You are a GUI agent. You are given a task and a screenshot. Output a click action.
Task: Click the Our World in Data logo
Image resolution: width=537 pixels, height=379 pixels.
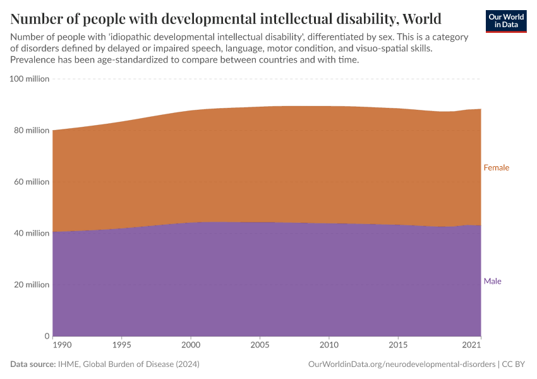[505, 21]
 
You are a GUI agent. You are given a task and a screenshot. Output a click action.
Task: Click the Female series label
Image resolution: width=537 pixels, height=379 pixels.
[496, 168]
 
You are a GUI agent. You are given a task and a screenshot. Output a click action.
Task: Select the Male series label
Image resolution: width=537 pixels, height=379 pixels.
[492, 281]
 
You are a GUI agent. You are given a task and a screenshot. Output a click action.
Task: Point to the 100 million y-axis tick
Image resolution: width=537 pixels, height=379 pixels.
[29, 79]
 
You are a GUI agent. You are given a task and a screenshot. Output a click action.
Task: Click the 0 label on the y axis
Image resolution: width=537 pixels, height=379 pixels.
[46, 336]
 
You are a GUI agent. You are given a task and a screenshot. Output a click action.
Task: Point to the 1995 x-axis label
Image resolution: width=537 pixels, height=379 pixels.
[122, 346]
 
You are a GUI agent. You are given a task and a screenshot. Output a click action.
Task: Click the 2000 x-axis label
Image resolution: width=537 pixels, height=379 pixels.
[191, 346]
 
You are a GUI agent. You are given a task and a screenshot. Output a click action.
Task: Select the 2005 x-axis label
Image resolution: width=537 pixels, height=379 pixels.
[260, 346]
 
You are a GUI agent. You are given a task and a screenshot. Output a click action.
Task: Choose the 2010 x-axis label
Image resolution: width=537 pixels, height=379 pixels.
[329, 346]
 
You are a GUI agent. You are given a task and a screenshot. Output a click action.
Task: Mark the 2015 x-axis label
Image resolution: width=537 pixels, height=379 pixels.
[397, 346]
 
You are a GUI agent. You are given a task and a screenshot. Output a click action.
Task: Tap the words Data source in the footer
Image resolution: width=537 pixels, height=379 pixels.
[32, 364]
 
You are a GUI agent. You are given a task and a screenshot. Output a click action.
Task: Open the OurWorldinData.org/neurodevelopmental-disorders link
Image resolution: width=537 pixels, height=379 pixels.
[402, 364]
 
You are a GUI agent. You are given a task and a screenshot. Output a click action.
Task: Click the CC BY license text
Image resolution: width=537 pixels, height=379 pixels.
[514, 364]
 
